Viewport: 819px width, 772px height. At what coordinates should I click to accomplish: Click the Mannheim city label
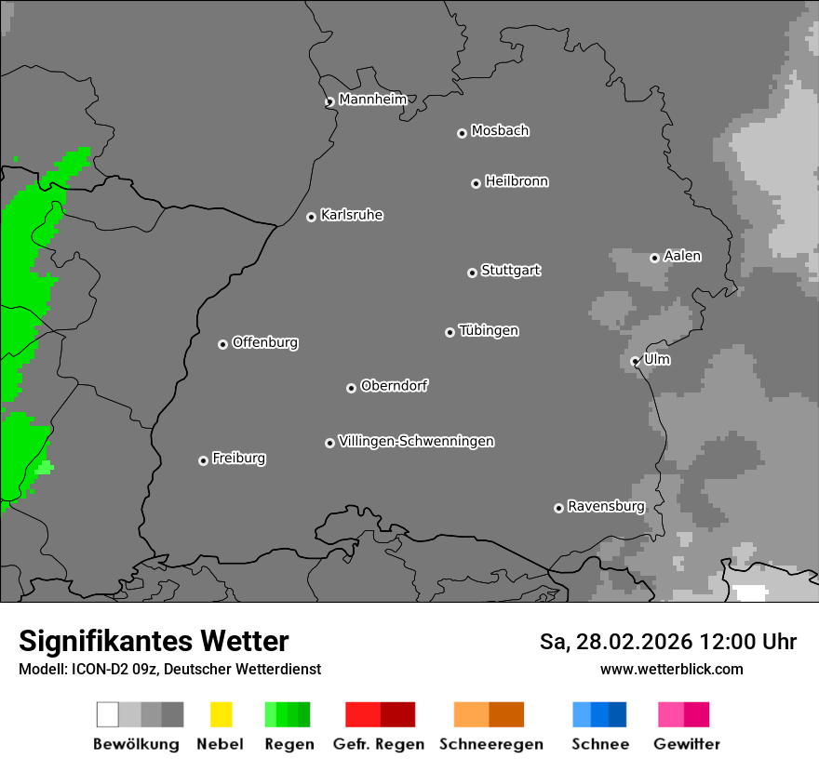click(372, 100)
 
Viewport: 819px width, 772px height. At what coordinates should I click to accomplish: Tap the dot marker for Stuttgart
click(472, 273)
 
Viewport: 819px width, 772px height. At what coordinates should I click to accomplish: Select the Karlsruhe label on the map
click(352, 215)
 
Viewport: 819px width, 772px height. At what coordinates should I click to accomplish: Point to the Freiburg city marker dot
click(203, 460)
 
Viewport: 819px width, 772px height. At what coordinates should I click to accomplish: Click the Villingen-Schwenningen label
click(416, 441)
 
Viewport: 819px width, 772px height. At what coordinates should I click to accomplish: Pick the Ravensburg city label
click(606, 506)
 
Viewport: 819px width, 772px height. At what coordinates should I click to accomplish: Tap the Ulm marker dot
click(635, 361)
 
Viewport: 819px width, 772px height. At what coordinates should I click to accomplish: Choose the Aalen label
click(682, 256)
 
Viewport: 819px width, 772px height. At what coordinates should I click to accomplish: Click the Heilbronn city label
click(517, 181)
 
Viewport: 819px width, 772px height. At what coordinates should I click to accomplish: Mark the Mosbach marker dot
click(462, 133)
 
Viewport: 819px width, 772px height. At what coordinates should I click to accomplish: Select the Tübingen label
click(489, 330)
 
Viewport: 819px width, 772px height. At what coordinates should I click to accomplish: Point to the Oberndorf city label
click(394, 385)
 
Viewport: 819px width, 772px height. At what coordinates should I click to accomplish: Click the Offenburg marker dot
click(222, 344)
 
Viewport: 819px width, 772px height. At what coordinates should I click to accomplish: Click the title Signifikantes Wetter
click(154, 641)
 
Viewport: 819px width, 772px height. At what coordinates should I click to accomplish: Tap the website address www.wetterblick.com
click(671, 669)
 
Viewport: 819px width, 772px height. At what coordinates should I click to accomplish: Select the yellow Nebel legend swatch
click(221, 714)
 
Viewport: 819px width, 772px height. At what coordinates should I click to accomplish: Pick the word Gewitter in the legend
click(686, 744)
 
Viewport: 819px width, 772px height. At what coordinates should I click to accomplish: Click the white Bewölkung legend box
click(107, 714)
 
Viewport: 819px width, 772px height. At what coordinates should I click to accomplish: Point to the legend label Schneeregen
click(490, 744)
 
